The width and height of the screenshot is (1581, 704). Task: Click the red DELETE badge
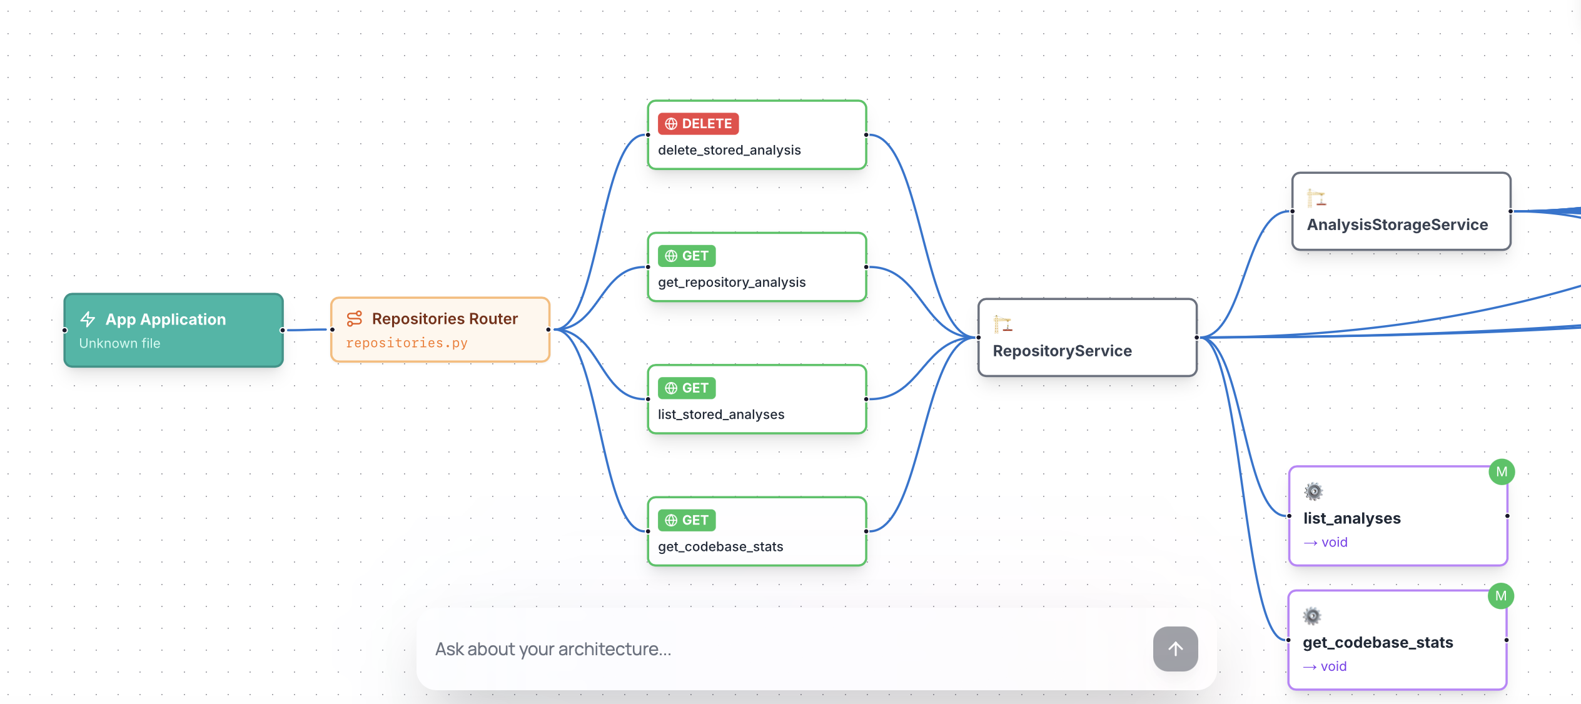[x=698, y=124]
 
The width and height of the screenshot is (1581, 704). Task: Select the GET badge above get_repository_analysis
[x=687, y=256]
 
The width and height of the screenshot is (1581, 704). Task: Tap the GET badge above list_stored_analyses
[x=687, y=388]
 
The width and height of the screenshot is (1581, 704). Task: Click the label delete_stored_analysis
[x=729, y=150]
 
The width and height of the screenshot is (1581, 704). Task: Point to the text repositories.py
[x=407, y=343]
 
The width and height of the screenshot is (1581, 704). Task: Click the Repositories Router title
[x=445, y=319]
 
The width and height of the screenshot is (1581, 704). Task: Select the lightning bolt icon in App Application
[x=88, y=319]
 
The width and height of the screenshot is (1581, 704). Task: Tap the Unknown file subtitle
[x=119, y=343]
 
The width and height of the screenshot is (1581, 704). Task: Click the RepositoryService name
[x=1062, y=351]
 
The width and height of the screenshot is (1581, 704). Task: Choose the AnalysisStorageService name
[x=1397, y=224]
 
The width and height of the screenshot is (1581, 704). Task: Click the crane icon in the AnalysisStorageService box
[x=1316, y=198]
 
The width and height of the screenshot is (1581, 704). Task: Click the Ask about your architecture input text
[x=553, y=649]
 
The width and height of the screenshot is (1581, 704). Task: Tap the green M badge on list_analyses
[x=1502, y=472]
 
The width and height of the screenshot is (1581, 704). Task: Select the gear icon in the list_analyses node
[x=1313, y=491]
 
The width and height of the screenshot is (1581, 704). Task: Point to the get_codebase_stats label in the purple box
[x=1378, y=642]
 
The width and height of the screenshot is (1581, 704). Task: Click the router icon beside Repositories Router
[x=355, y=319]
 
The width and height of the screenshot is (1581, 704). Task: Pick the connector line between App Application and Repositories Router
[x=306, y=329]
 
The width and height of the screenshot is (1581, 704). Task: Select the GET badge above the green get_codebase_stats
[x=687, y=520]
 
